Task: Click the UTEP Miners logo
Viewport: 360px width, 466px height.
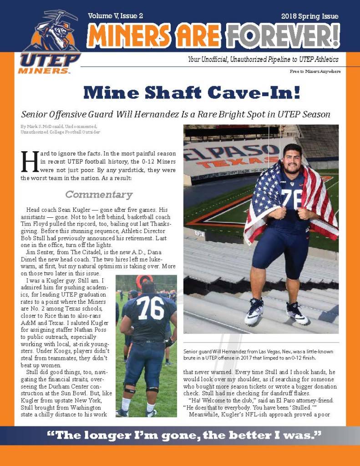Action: (49, 43)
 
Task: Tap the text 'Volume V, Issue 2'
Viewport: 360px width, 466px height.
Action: (116, 16)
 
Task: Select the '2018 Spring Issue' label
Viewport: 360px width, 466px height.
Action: (309, 16)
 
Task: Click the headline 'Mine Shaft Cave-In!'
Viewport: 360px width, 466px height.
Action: (192, 92)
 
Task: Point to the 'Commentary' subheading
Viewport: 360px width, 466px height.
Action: (99, 195)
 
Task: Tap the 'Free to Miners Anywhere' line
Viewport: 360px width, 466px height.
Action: (315, 72)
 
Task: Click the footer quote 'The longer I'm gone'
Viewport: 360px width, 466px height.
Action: (184, 435)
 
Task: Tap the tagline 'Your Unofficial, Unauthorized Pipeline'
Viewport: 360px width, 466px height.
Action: (263, 60)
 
